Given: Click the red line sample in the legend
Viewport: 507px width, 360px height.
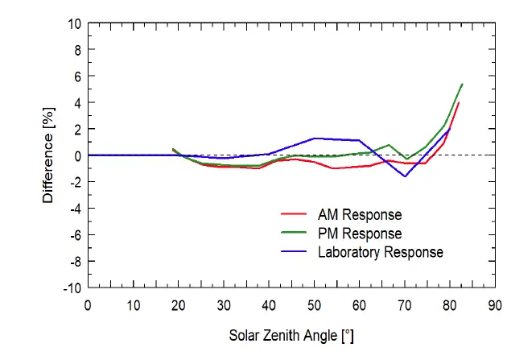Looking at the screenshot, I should tap(295, 215).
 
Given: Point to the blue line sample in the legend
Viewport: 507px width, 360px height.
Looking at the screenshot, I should tap(295, 252).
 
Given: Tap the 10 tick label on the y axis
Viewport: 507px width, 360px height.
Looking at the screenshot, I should tap(73, 23).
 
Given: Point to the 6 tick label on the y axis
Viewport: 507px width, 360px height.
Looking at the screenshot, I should tap(76, 77).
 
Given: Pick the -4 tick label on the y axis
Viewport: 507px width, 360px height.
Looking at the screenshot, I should tap(74, 209).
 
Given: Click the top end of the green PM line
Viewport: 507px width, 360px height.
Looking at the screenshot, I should tap(462, 84).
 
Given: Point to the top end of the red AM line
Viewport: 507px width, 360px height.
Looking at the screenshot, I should tap(459, 102).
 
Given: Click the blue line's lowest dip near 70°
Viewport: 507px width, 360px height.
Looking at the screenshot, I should tap(405, 176).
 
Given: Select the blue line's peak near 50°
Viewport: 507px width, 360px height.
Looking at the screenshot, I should tap(315, 138).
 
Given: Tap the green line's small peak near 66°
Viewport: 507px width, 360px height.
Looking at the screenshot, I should tap(389, 145).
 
